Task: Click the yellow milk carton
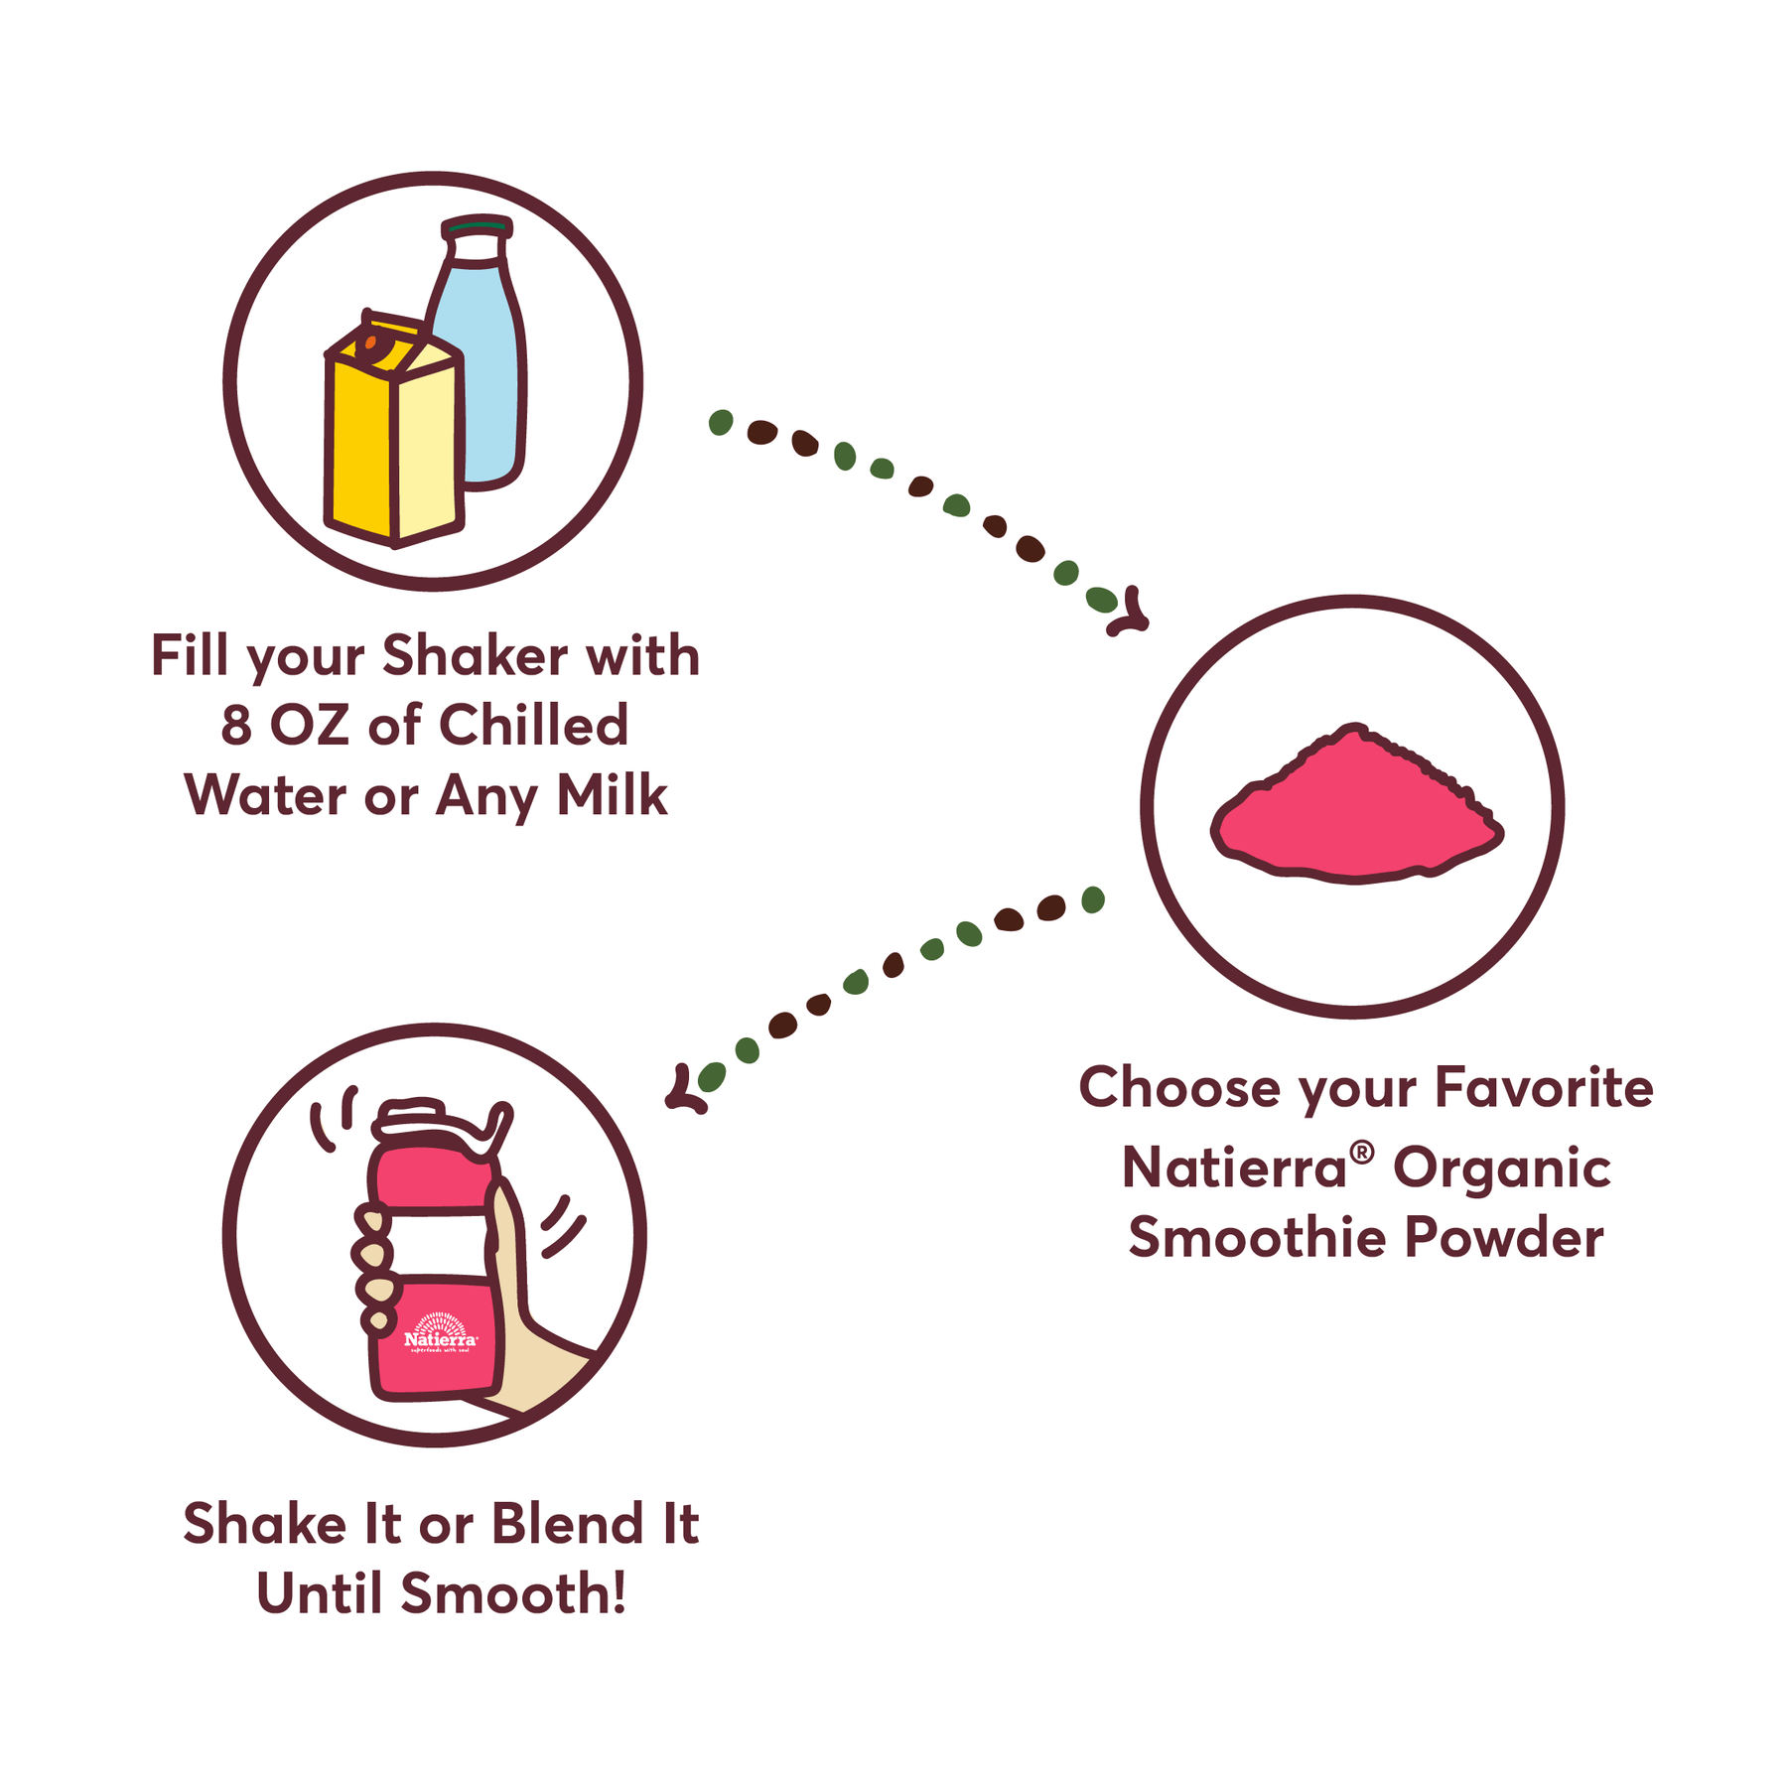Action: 394,429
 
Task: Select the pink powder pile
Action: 1356,805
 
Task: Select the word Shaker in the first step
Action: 476,656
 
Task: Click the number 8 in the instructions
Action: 236,726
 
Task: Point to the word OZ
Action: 310,726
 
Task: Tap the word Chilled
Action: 533,725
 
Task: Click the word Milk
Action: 612,795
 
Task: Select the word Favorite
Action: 1544,1087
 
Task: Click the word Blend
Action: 567,1523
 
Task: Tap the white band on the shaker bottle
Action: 437,1241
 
